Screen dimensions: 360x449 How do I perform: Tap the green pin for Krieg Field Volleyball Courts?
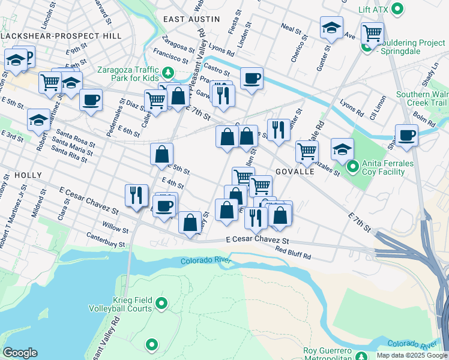pyautogui.click(x=161, y=304)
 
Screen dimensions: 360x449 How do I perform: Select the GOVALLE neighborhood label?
pyautogui.click(x=295, y=172)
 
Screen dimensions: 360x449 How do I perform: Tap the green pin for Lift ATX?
pyautogui.click(x=397, y=9)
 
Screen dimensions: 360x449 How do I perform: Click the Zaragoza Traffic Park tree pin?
pyautogui.click(x=169, y=73)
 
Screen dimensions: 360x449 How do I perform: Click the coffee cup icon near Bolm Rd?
pyautogui.click(x=406, y=135)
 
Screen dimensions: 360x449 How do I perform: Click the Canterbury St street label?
pyautogui.click(x=105, y=240)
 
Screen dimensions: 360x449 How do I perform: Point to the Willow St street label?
pyautogui.click(x=115, y=229)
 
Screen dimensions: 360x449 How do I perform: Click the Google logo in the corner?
pyautogui.click(x=20, y=353)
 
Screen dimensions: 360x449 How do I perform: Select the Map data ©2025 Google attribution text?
pyautogui.click(x=411, y=355)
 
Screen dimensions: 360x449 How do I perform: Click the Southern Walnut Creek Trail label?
pyautogui.click(x=421, y=98)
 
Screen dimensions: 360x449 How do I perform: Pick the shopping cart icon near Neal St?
pyautogui.click(x=372, y=33)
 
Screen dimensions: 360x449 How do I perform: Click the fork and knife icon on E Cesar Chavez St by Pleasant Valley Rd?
pyautogui.click(x=136, y=194)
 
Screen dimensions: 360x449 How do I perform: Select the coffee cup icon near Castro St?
pyautogui.click(x=252, y=77)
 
